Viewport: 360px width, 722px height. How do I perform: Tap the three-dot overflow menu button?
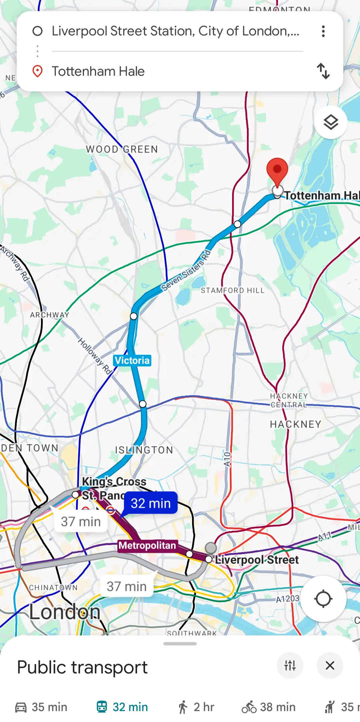pos(323,31)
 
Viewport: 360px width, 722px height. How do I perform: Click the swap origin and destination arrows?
pos(323,71)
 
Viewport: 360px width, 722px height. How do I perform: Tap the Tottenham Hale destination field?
pos(167,71)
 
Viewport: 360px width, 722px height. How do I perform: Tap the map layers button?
pos(331,122)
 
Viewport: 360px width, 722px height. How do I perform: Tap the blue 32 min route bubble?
pos(151,503)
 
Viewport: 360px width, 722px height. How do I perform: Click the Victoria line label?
pos(132,360)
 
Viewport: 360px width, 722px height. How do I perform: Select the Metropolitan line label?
pos(147,545)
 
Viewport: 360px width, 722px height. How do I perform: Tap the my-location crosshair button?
pos(323,599)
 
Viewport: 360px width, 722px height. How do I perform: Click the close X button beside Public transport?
pos(330,665)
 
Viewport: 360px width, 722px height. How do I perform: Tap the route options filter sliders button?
pos(290,665)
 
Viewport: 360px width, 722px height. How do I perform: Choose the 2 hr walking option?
pos(196,707)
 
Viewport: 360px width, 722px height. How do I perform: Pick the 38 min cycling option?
pos(269,707)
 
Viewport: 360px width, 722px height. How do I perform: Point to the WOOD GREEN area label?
pos(122,149)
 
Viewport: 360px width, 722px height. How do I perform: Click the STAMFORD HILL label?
pos(233,290)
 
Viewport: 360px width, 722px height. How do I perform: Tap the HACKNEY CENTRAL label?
pos(289,400)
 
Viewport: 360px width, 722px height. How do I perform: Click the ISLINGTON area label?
pos(144,450)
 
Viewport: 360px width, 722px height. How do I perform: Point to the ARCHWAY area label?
pos(50,315)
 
